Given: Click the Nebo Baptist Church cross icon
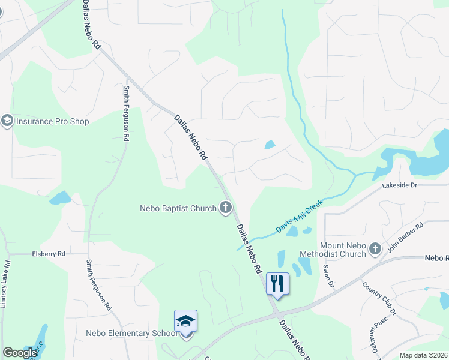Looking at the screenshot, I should [226, 208].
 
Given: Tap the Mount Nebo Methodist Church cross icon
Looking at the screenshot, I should [375, 248].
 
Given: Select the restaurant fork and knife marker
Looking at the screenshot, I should [277, 283].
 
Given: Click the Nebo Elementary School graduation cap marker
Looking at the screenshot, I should [186, 322].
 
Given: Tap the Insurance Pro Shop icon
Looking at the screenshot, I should [7, 121].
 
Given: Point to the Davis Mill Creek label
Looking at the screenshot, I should [299, 217].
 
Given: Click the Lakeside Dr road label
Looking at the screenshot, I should [400, 185].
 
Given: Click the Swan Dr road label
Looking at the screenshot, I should [328, 274].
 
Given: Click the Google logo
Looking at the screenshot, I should [20, 353].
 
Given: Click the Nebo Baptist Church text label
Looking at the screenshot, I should [178, 209].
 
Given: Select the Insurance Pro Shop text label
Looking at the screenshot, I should [53, 121].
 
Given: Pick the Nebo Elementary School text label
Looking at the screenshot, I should [131, 333].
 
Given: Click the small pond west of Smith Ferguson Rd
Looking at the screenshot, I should [60, 198].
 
